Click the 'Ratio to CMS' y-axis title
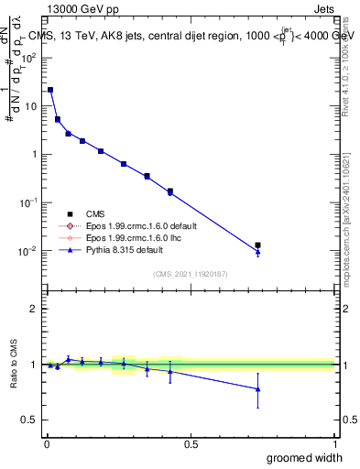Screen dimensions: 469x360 [x=14, y=365]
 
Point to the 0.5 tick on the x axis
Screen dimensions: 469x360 [x=191, y=443]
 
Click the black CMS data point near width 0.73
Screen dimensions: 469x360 [x=257, y=245]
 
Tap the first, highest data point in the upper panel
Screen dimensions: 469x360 [x=50, y=90]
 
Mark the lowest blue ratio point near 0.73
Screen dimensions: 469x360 [x=257, y=389]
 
